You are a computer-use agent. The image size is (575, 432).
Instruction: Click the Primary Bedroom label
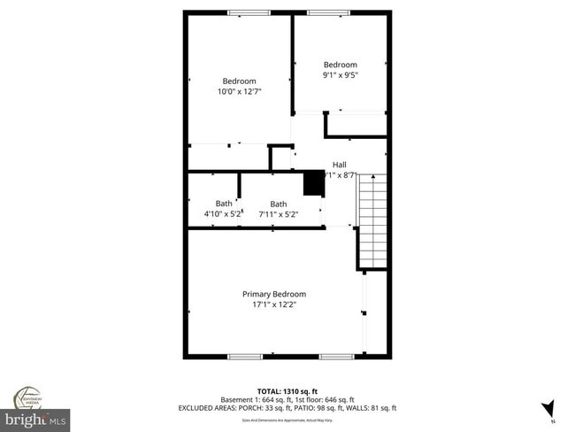(274, 294)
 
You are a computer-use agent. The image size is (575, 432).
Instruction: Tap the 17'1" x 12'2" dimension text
(274, 305)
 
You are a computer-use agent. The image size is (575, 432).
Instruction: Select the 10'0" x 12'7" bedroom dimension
(239, 91)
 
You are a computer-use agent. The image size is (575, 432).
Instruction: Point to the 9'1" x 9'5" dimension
(340, 75)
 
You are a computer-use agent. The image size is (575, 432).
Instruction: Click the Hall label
(340, 165)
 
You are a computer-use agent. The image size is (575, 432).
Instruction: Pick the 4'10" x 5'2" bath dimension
(223, 214)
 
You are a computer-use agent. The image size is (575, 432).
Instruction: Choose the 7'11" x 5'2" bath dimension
(279, 214)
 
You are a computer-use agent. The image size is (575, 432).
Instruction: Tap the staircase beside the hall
(372, 221)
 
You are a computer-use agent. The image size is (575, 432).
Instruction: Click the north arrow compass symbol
(548, 408)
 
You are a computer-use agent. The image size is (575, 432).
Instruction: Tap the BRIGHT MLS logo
(35, 416)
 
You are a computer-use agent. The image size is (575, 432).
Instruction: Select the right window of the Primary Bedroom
(337, 357)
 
